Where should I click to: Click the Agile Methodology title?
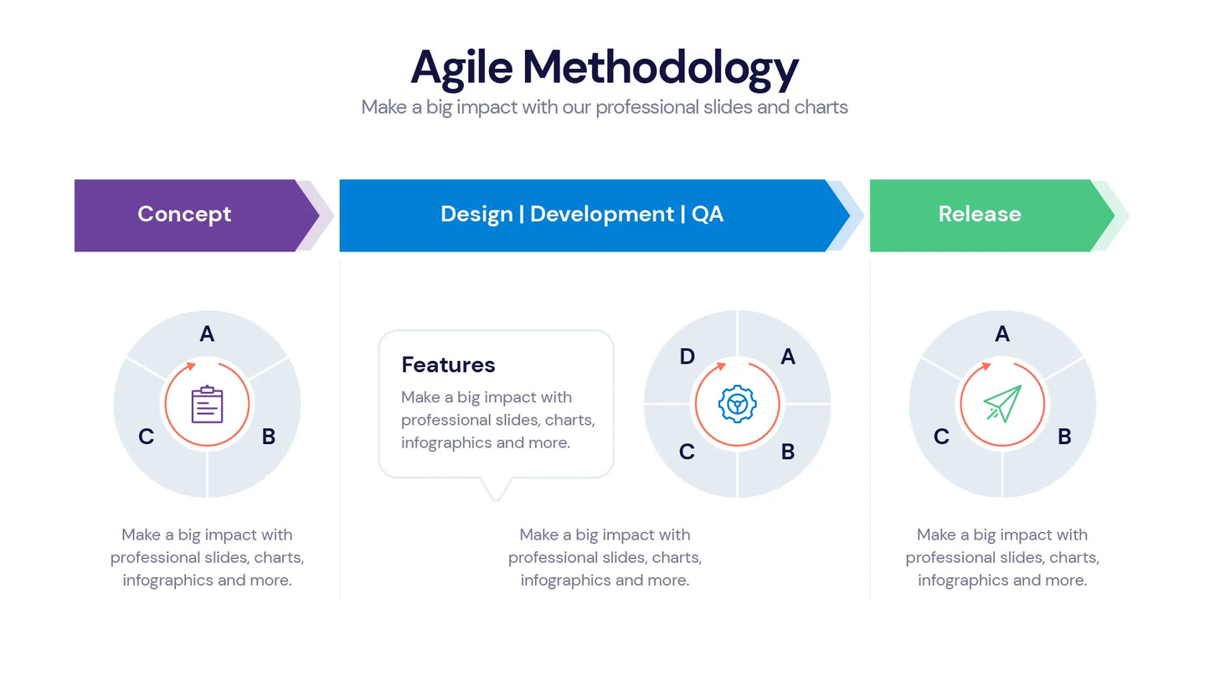tap(604, 67)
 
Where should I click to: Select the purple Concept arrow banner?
tap(185, 214)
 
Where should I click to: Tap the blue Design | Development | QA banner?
tap(582, 214)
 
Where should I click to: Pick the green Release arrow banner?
tap(980, 214)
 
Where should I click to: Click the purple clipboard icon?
tap(207, 405)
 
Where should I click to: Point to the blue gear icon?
tap(737, 404)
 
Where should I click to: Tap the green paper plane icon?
tap(1002, 404)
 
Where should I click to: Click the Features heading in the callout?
tap(448, 364)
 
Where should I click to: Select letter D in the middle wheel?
tap(687, 357)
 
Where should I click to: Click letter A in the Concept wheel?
tap(207, 334)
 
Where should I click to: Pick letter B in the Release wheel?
tap(1064, 437)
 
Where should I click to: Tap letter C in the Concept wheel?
tap(146, 437)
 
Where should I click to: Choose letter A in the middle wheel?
tap(787, 357)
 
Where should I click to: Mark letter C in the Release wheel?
tap(941, 437)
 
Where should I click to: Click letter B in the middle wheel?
tap(787, 452)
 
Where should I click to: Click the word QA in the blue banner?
tap(708, 214)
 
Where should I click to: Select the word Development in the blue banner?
tap(601, 214)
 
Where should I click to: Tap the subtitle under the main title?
tap(604, 107)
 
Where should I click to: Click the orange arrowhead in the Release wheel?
tap(986, 366)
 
